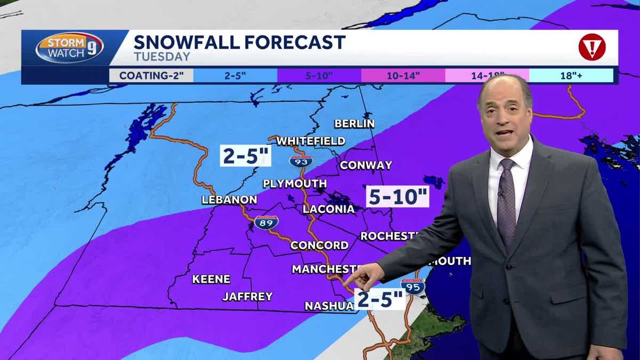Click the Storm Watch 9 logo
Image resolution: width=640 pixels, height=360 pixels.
coord(69,48)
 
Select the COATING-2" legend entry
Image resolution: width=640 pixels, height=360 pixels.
coord(151,75)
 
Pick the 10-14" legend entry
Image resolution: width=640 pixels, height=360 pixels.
coord(403,75)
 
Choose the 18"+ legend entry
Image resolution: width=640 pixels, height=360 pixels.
coord(570,75)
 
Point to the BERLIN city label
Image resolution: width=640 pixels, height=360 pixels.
coord(354,124)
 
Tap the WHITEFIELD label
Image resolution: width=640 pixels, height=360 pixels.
coord(310,141)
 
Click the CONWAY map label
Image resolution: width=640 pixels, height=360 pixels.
coord(366,165)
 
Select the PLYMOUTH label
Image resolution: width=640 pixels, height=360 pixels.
coord(294,184)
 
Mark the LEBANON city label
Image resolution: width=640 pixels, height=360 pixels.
coord(229,200)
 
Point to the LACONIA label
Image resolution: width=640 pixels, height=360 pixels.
coord(329,209)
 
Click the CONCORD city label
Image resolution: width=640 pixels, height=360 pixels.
coord(319,245)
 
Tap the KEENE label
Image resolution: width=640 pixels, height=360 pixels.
coord(211,279)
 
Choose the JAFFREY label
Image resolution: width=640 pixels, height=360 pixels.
coord(247,297)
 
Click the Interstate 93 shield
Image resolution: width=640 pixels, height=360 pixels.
coord(300,161)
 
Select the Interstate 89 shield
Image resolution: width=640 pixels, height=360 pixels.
coord(266,222)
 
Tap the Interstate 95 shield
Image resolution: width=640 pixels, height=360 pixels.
coord(413,286)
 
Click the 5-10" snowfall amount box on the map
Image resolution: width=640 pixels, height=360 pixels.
coord(398,197)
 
